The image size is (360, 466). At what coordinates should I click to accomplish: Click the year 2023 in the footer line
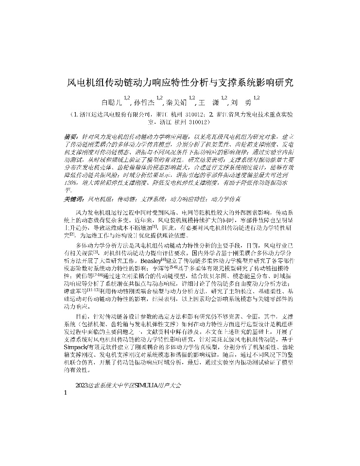pyautogui.click(x=83, y=385)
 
